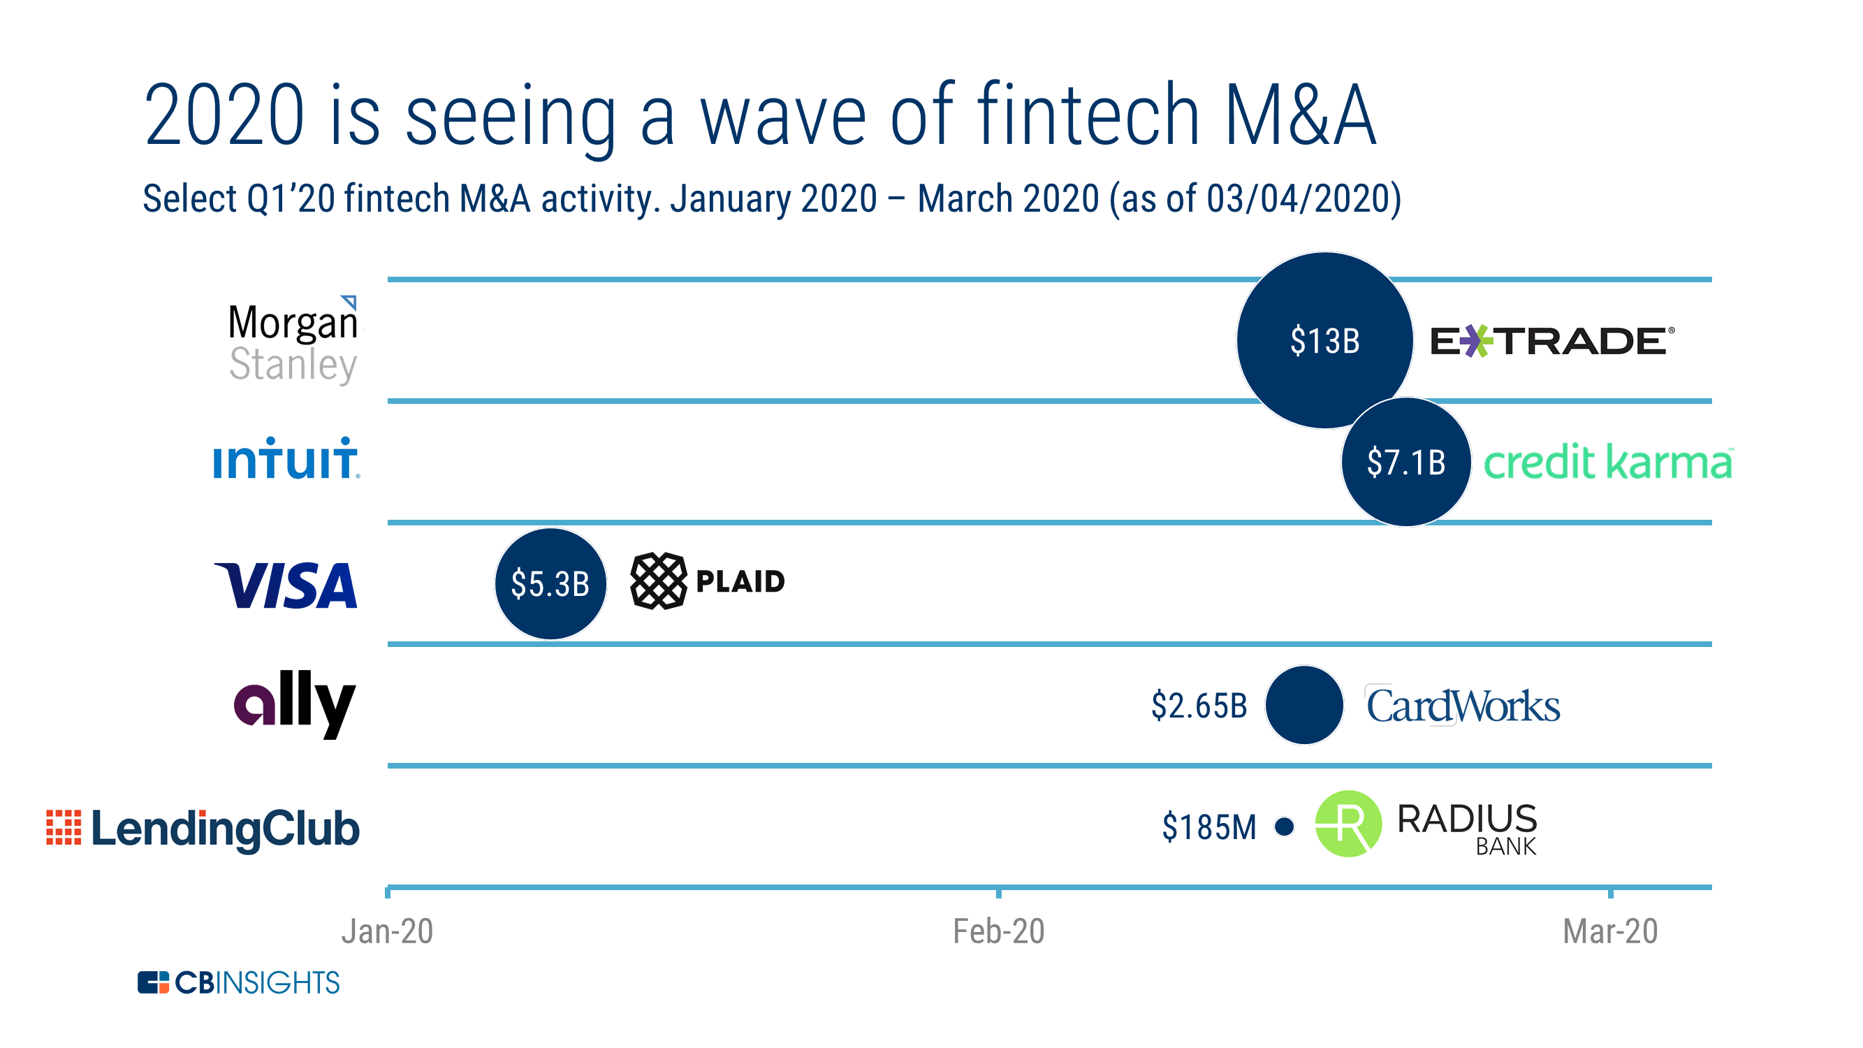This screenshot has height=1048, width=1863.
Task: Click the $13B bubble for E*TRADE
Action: click(1324, 340)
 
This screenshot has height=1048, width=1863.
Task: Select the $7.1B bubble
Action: click(1405, 461)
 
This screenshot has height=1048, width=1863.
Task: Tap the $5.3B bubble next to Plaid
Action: click(550, 583)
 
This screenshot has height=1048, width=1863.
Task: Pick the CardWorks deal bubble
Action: click(1304, 704)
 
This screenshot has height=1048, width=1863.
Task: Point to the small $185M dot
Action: click(1285, 826)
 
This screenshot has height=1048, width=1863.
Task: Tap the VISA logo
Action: click(286, 584)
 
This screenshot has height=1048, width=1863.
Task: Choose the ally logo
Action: click(294, 703)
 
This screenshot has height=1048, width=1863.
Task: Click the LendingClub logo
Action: click(203, 828)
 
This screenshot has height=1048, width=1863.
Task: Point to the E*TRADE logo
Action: click(1551, 341)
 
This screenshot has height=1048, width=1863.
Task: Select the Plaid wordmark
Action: click(740, 581)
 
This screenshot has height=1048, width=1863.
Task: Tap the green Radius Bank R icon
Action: click(1347, 823)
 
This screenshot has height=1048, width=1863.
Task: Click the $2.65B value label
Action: click(1199, 705)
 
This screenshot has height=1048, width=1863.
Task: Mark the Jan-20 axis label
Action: click(387, 931)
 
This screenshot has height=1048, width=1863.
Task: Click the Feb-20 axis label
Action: click(998, 931)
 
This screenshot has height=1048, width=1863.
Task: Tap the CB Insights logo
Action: click(238, 982)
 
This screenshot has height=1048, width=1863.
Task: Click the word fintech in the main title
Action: click(1089, 116)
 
